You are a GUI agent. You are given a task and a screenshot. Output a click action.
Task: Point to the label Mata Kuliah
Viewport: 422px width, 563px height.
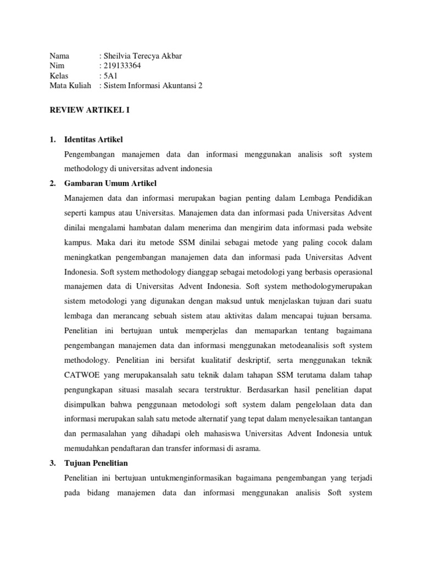click(x=69, y=85)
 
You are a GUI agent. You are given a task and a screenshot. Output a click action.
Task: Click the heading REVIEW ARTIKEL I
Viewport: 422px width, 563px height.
click(x=90, y=110)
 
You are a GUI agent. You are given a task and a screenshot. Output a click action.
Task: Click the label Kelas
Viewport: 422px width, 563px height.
click(x=59, y=75)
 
